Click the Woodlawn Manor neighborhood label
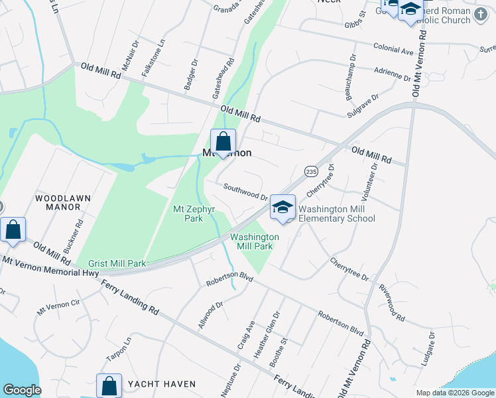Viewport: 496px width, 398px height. click(58, 202)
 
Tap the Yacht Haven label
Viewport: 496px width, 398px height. click(162, 384)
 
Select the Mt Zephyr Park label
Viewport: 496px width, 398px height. click(188, 213)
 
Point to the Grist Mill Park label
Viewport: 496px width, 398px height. click(111, 263)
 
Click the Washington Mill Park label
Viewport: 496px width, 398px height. click(255, 241)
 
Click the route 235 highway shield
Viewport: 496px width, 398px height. click(310, 170)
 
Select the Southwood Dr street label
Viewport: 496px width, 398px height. click(245, 192)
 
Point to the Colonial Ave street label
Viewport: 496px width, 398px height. click(393, 49)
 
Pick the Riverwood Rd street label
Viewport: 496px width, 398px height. click(392, 302)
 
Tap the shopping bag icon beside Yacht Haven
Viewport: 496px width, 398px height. click(109, 385)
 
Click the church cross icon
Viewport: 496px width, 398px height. click(482, 12)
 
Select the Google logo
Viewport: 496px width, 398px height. click(22, 390)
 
